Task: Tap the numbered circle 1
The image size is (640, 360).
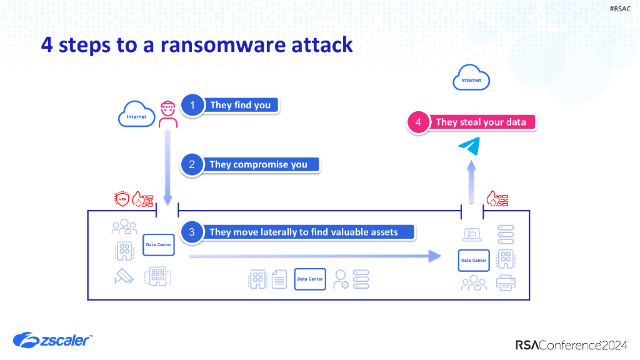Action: [x=192, y=105]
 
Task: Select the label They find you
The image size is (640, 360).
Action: [x=240, y=105]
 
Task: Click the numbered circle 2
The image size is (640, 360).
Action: [x=192, y=164]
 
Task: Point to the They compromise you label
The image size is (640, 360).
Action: [x=258, y=164]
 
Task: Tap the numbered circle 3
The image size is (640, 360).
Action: [x=192, y=232]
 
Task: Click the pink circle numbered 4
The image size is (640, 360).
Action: [x=418, y=122]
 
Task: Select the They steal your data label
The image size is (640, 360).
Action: [x=481, y=122]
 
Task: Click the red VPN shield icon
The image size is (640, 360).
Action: [x=122, y=199]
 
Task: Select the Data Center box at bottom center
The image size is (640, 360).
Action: [x=310, y=279]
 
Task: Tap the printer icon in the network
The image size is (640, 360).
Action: [x=506, y=282]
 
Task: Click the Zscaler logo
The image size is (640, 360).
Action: [x=53, y=340]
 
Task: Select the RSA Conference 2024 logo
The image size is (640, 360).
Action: [x=571, y=344]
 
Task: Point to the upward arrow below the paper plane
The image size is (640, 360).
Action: [x=472, y=181]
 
